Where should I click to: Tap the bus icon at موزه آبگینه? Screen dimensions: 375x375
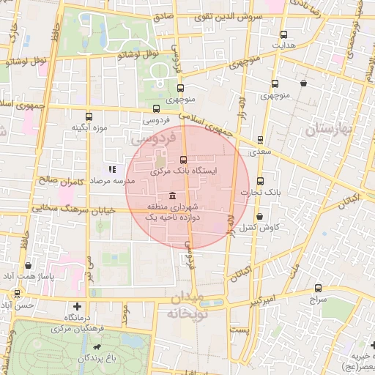(89, 116)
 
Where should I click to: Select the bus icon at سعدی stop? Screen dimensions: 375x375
(260, 141)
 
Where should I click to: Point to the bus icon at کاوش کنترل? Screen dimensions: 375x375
(262, 215)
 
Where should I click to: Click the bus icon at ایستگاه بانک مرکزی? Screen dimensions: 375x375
(183, 159)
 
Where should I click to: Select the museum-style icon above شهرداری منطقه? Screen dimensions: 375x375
(171, 196)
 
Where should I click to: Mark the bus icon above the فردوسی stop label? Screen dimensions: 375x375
(156, 109)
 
